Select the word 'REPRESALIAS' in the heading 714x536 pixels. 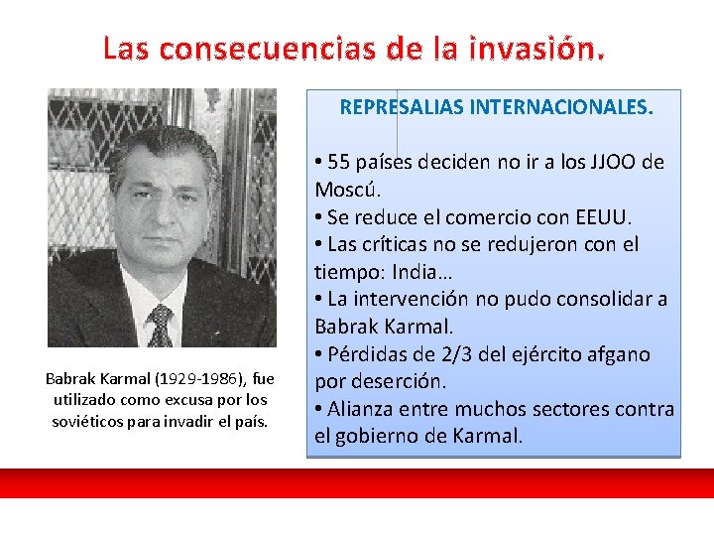tap(397, 107)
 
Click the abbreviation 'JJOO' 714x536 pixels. tap(615, 162)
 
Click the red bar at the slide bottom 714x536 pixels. tap(357, 483)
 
